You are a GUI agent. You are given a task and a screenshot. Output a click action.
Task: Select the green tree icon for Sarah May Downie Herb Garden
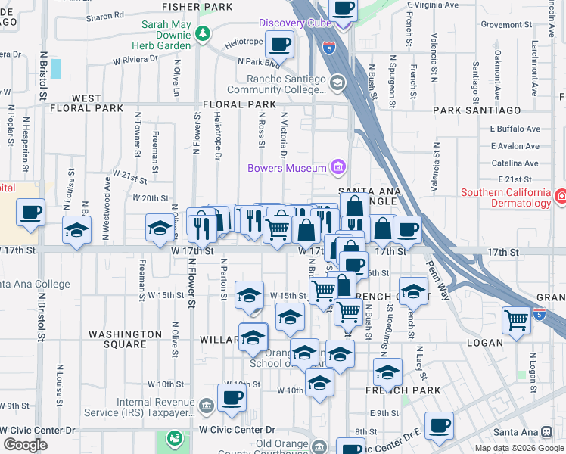202,33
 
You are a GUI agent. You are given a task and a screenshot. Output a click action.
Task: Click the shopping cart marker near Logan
516,319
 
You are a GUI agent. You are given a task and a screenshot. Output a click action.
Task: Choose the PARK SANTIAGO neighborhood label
477,110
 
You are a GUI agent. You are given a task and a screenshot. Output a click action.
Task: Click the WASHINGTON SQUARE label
126,339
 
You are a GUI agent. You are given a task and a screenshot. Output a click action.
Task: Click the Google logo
25,445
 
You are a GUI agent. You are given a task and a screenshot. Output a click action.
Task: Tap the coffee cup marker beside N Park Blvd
279,46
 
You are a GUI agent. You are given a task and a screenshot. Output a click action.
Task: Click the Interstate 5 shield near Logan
540,313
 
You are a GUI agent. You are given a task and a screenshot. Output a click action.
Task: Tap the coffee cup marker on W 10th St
232,397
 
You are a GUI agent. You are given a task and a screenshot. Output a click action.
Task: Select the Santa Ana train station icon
546,432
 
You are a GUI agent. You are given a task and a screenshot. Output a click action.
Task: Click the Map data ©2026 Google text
519,448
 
